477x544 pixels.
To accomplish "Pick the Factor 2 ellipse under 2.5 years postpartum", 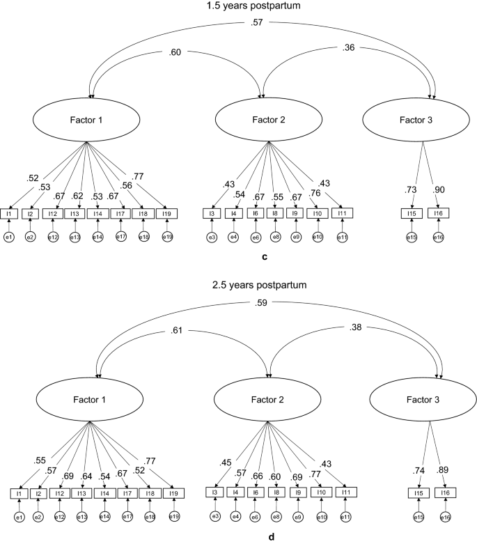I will point(260,401).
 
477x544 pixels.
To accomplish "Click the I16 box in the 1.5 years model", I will point(438,213).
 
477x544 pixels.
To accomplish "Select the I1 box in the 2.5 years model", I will point(19,493).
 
